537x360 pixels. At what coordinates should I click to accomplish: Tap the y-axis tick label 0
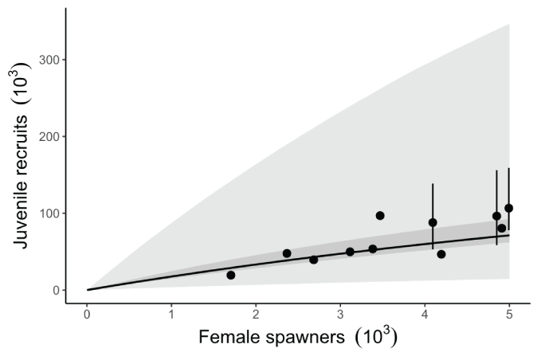[x=56, y=290]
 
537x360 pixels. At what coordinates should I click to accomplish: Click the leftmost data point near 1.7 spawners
[x=231, y=276]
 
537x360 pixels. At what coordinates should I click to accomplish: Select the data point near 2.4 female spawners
[x=287, y=253]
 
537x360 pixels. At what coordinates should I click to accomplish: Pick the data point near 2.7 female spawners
[x=314, y=260]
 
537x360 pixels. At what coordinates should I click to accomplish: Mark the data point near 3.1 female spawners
[x=350, y=252]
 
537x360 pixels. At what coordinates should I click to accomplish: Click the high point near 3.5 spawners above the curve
[x=380, y=216]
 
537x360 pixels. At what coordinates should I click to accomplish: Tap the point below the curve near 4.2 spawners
[x=441, y=254]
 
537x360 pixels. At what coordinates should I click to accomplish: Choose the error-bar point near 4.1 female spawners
[x=433, y=223]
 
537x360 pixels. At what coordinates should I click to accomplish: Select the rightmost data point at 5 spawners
[x=509, y=208]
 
